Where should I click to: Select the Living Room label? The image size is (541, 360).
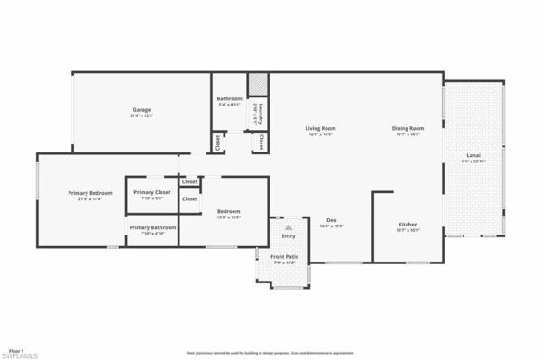pos(320,128)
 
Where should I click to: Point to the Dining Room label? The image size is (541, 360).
pos(408,128)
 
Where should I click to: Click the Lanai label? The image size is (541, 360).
pos(472,156)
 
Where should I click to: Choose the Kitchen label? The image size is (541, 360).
pos(408,224)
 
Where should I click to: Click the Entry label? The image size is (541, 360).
pos(288,236)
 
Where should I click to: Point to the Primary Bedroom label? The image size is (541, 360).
pos(89,193)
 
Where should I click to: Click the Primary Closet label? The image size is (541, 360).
pos(151,192)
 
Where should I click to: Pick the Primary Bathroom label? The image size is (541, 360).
pos(151,227)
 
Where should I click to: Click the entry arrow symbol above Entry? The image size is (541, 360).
pos(288,227)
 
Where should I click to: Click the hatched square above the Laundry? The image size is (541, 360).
pos(258,84)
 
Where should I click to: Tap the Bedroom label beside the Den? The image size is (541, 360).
pos(228,212)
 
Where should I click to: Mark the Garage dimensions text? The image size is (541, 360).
pos(141,116)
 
